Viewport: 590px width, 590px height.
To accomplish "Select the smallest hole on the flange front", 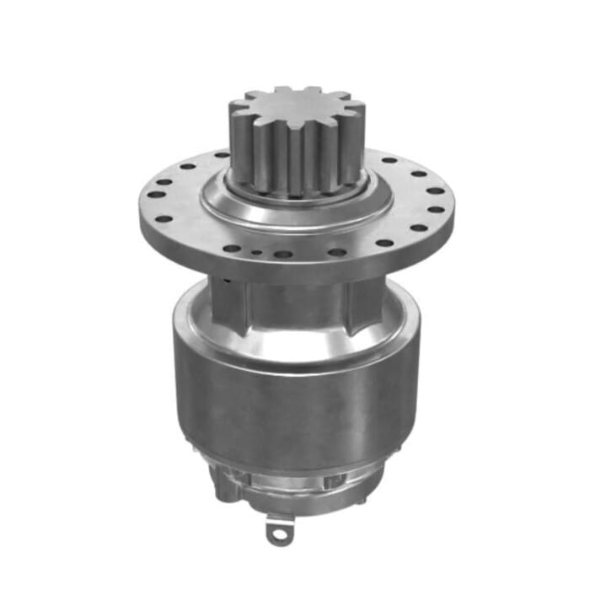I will tap(255, 250).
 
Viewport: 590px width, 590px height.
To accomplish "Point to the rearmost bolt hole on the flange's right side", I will tap(389, 159).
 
